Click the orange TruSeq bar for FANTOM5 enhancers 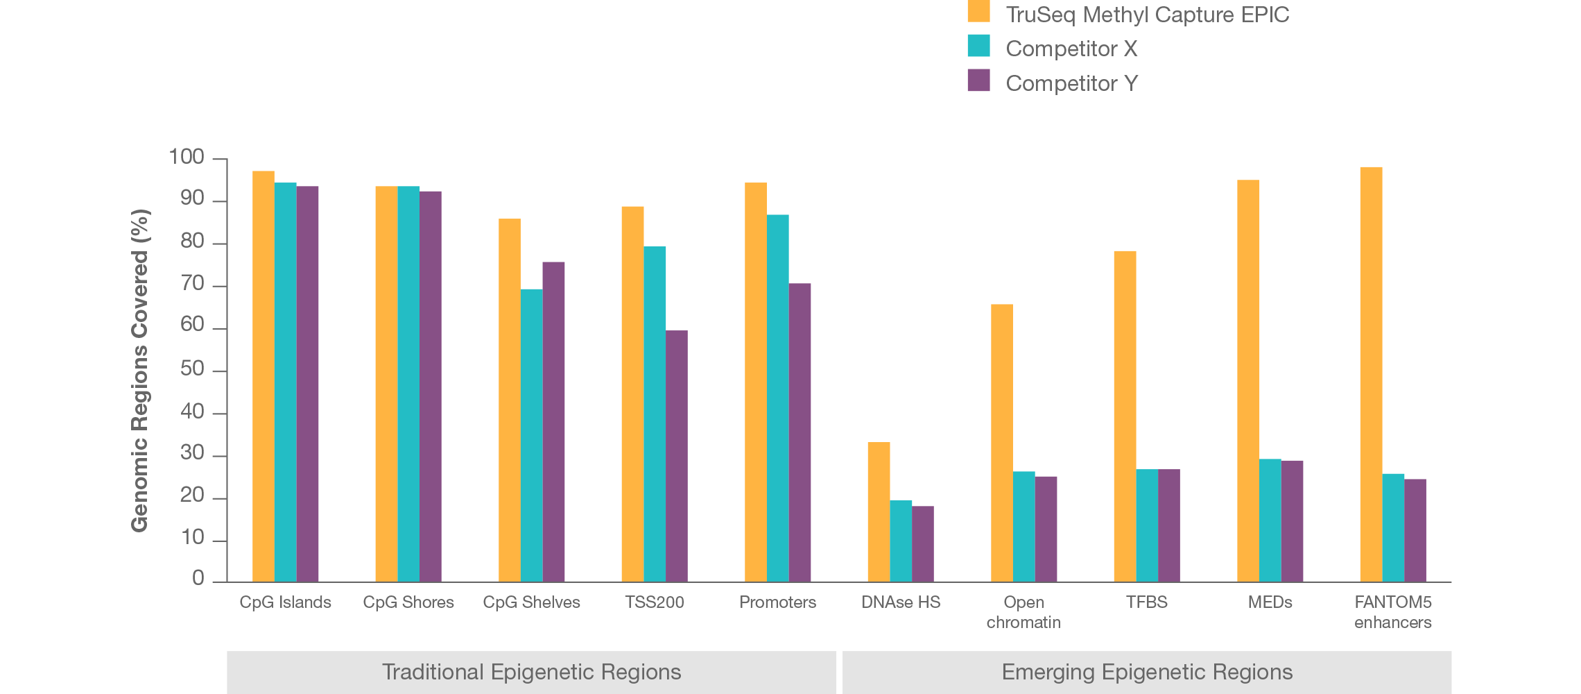pyautogui.click(x=1371, y=374)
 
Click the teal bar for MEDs pyautogui.click(x=1270, y=520)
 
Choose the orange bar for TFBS pyautogui.click(x=1125, y=416)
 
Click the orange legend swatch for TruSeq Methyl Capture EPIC pyautogui.click(x=978, y=12)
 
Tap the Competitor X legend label pyautogui.click(x=1071, y=49)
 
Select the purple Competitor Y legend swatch pyautogui.click(x=978, y=81)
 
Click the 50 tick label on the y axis pyautogui.click(x=192, y=369)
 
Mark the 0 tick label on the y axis pyautogui.click(x=198, y=579)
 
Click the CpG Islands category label pyautogui.click(x=285, y=602)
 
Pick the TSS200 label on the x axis pyautogui.click(x=654, y=602)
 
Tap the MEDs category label pyautogui.click(x=1270, y=602)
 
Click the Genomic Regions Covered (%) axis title pyautogui.click(x=140, y=371)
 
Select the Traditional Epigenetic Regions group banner pyautogui.click(x=531, y=672)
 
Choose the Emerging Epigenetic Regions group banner pyautogui.click(x=1147, y=672)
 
